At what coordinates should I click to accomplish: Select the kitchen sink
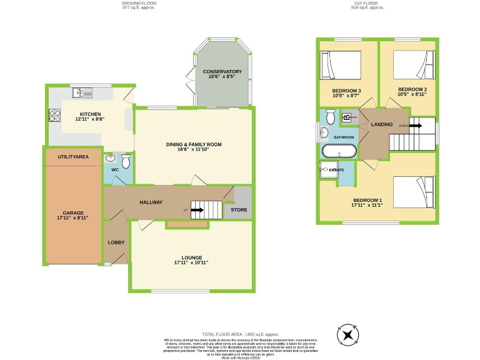pyautogui.click(x=82, y=93)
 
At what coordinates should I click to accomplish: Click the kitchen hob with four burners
pyautogui.click(x=54, y=115)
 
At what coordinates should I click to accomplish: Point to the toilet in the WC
pyautogui.click(x=126, y=162)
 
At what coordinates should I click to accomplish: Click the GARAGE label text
pyautogui.click(x=72, y=213)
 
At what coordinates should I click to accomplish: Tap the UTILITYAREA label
pyautogui.click(x=72, y=156)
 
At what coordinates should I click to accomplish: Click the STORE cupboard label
pyautogui.click(x=239, y=210)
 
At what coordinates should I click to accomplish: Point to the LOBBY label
pyautogui.click(x=116, y=242)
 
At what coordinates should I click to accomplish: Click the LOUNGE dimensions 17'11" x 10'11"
pyautogui.click(x=192, y=262)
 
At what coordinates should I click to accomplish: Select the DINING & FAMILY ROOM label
pyautogui.click(x=194, y=144)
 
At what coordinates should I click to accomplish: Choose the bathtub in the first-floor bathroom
pyautogui.click(x=339, y=151)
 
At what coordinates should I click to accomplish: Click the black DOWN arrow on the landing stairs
pyautogui.click(x=415, y=125)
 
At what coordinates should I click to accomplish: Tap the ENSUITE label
pyautogui.click(x=337, y=169)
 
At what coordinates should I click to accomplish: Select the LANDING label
pyautogui.click(x=382, y=124)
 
